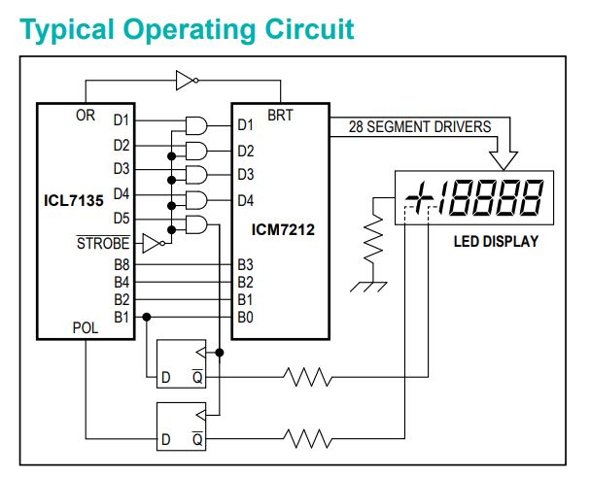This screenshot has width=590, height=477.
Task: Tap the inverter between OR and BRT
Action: pos(187,81)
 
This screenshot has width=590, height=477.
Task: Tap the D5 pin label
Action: pos(121,217)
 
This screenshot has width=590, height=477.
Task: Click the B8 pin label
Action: pos(121,264)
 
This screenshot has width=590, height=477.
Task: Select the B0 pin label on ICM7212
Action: pos(245,317)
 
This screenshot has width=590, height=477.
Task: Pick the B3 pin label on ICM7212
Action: pos(245,264)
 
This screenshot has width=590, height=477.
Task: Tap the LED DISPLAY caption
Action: pos(496,241)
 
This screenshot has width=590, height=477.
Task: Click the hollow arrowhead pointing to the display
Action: pos(505,154)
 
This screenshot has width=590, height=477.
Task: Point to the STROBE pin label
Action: pos(102,242)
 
